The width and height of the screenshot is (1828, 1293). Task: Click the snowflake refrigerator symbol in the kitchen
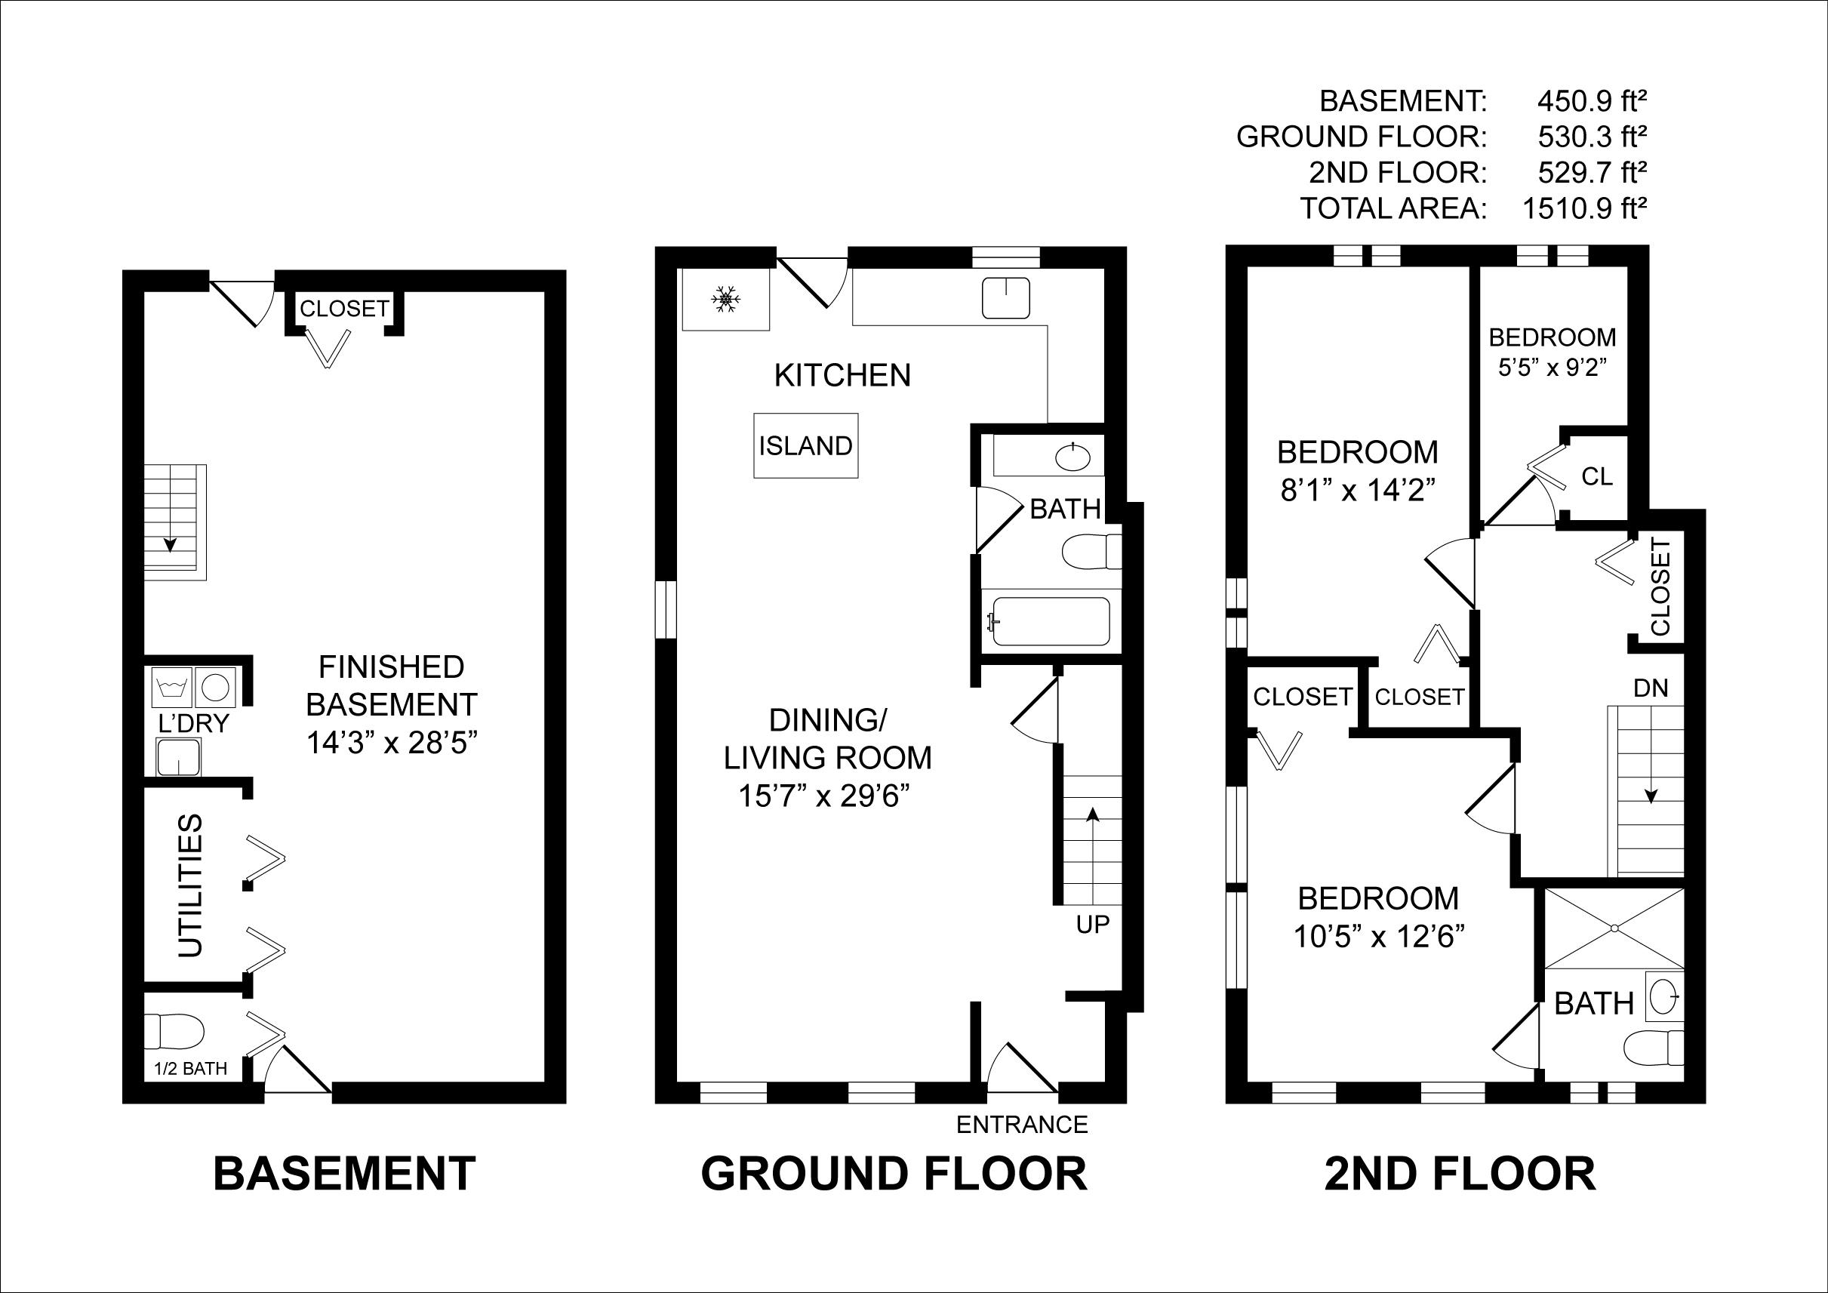click(x=725, y=300)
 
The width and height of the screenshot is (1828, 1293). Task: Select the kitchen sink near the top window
click(x=1005, y=297)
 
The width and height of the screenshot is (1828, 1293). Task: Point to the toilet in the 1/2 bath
click(x=174, y=1032)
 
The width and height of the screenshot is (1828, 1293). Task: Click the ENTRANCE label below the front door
click(x=1021, y=1124)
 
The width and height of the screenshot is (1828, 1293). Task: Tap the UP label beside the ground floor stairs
click(x=1092, y=925)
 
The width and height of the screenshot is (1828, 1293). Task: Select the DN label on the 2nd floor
click(x=1651, y=688)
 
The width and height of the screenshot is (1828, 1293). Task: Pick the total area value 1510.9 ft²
click(x=1584, y=208)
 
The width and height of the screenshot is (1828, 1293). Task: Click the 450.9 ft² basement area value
click(x=1593, y=101)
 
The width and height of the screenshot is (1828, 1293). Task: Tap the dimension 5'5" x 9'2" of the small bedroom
click(x=1552, y=368)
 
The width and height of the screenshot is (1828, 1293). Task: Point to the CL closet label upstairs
click(x=1596, y=476)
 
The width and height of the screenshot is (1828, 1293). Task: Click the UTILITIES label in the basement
click(x=190, y=885)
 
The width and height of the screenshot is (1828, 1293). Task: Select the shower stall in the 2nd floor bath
click(x=1614, y=928)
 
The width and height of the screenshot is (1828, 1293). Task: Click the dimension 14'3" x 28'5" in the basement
click(x=391, y=743)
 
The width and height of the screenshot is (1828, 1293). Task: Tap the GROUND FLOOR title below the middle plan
click(x=894, y=1174)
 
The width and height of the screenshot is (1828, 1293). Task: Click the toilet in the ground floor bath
click(x=1088, y=552)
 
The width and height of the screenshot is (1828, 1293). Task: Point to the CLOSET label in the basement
click(x=344, y=308)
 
